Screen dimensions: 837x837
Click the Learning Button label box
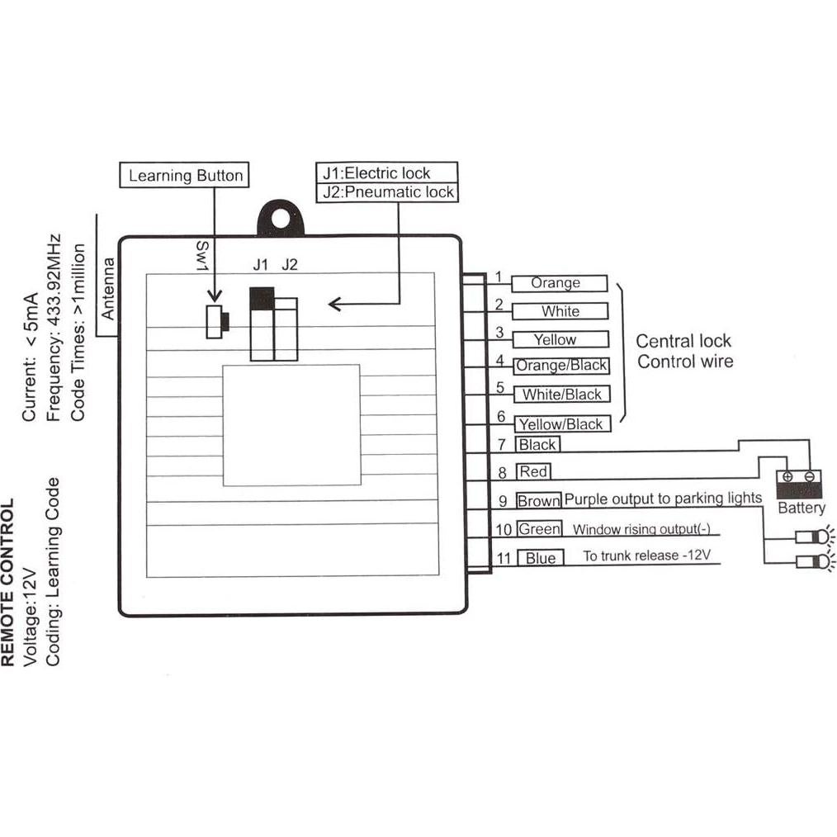click(x=186, y=175)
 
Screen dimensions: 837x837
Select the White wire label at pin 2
click(x=560, y=311)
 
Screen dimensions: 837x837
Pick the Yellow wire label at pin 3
click(x=559, y=339)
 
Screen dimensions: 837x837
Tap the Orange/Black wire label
click(x=560, y=366)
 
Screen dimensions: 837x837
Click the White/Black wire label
click(x=561, y=395)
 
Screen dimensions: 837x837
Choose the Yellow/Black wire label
click(x=561, y=424)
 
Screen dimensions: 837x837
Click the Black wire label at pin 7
click(x=537, y=445)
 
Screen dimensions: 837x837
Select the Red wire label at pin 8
click(x=533, y=472)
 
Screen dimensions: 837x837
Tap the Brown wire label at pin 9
click(x=539, y=500)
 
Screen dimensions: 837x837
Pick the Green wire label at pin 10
click(x=540, y=529)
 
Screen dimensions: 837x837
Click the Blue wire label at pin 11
click(x=541, y=558)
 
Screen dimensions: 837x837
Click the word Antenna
click(x=107, y=289)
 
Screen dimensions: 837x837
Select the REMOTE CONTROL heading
click(x=9, y=583)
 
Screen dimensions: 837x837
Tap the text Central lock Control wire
click(x=684, y=351)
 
